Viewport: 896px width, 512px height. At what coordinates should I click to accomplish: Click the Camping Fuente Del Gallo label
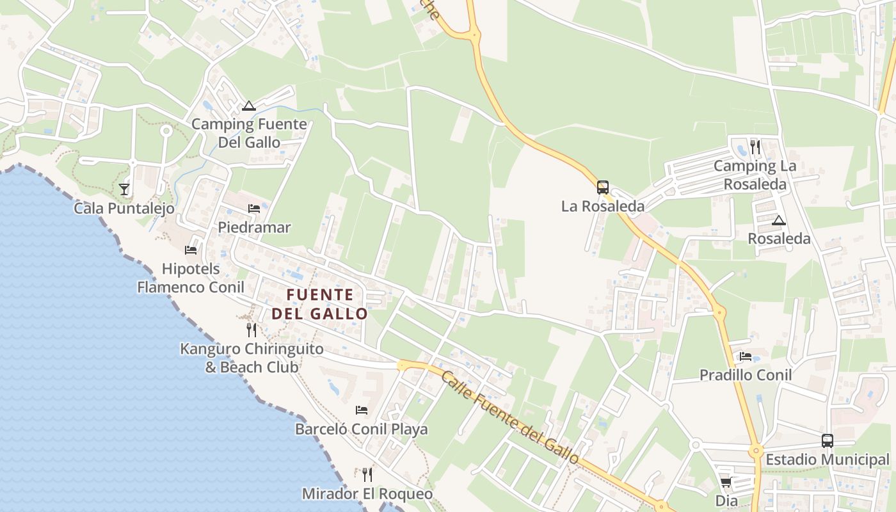tap(249, 133)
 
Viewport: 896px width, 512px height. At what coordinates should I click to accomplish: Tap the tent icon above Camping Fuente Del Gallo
tap(249, 106)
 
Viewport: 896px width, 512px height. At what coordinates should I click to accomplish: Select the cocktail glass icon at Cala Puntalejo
tap(124, 189)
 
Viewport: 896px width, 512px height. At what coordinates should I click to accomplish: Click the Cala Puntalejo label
tap(124, 208)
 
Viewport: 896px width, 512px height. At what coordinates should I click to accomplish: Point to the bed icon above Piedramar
tap(254, 209)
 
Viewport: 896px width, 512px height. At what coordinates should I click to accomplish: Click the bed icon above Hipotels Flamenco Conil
tap(191, 250)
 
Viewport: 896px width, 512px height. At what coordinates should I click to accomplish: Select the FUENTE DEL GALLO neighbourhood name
tap(320, 304)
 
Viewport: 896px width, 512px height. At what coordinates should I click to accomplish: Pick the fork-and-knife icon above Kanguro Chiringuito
tap(252, 330)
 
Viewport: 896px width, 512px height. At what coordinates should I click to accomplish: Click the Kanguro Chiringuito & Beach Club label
tap(252, 358)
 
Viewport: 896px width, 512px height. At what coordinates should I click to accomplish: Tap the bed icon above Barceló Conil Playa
tap(362, 410)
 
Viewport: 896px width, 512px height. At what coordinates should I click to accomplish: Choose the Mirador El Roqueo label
tap(367, 494)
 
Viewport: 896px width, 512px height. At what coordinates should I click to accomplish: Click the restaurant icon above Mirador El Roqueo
tap(367, 474)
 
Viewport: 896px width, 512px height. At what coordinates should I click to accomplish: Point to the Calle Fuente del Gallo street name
tap(509, 417)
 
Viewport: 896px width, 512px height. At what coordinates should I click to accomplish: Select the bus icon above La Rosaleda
tap(603, 188)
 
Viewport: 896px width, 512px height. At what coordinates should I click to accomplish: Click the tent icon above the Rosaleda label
tap(778, 221)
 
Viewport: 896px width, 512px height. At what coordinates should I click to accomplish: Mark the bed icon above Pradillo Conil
tap(746, 356)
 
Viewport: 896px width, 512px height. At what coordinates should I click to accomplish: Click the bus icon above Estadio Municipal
tap(828, 441)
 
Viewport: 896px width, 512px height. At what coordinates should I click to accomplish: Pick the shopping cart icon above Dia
tap(726, 483)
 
